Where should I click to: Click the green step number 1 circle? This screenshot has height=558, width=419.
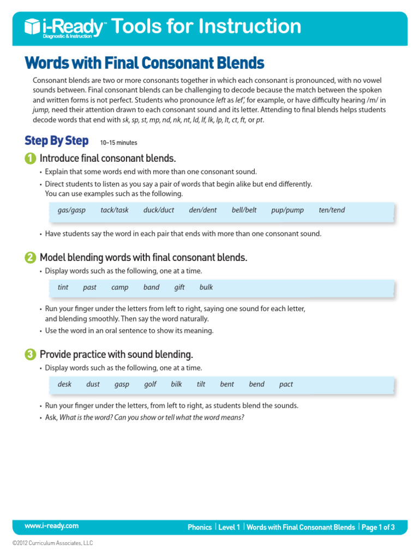30,159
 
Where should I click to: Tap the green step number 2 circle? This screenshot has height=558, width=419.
30,258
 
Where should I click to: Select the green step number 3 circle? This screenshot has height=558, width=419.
30,355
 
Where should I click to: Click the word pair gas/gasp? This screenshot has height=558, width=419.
71,210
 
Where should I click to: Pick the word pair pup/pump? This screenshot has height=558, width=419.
288,210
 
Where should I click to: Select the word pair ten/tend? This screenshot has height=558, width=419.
332,210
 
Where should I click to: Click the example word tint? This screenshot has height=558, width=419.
63,287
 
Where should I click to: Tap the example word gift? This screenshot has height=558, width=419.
179,287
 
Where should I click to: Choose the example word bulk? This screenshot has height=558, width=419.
206,287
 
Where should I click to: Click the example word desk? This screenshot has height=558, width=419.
64,384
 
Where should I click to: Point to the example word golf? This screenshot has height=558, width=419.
150,384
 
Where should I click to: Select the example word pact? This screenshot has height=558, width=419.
286,384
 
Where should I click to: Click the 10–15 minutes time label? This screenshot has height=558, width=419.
118,143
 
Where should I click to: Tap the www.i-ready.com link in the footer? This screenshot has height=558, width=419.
51,526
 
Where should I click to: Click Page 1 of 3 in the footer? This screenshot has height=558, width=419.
378,527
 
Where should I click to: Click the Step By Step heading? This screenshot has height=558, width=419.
56,141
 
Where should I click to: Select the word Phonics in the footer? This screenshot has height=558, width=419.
200,527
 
